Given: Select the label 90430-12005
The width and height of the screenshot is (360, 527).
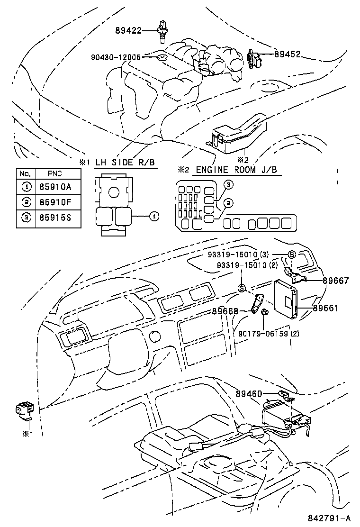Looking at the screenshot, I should pyautogui.click(x=116, y=57).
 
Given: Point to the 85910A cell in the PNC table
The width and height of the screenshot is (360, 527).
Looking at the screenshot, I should pyautogui.click(x=55, y=187).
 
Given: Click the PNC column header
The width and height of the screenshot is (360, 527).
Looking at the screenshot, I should pyautogui.click(x=55, y=174).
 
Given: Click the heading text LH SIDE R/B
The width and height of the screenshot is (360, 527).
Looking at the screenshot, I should pyautogui.click(x=125, y=162).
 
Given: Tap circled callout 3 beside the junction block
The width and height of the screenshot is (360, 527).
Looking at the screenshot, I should pyautogui.click(x=228, y=184).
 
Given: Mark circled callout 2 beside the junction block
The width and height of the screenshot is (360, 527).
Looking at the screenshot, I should pyautogui.click(x=228, y=203).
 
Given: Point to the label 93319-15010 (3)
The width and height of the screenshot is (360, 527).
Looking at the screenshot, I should pyautogui.click(x=245, y=254).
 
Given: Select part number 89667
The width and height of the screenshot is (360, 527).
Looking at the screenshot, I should pyautogui.click(x=335, y=281).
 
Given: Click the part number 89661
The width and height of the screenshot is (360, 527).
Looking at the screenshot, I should pyautogui.click(x=325, y=308).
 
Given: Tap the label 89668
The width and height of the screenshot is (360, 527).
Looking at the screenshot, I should pyautogui.click(x=225, y=311).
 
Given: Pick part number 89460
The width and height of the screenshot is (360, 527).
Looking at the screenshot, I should pyautogui.click(x=248, y=393).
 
